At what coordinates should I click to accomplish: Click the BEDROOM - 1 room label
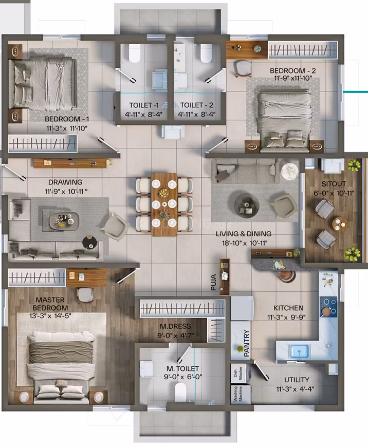[67, 119]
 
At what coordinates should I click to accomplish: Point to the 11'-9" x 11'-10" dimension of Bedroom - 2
[293, 78]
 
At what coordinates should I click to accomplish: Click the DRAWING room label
[65, 182]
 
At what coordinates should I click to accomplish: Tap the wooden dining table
[164, 204]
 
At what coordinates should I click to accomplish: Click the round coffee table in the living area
[247, 204]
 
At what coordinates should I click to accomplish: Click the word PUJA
[213, 282]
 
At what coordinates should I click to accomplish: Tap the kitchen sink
[299, 351]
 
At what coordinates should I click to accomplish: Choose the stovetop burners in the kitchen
[328, 306]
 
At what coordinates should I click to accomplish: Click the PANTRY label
[247, 344]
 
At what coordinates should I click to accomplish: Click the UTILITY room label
[297, 380]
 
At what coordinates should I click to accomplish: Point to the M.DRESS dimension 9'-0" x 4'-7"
[176, 336]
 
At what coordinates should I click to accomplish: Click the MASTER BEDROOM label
[50, 304]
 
